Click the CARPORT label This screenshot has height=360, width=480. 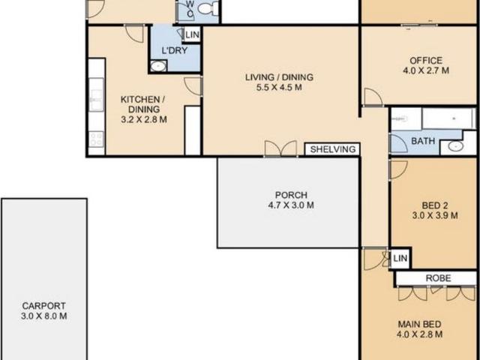[x=43, y=306]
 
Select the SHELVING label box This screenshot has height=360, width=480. [x=333, y=149]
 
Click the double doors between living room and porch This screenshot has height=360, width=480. [x=274, y=148]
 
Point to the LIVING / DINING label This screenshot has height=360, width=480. [x=278, y=76]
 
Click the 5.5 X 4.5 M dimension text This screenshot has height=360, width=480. [x=278, y=87]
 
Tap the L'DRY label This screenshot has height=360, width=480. [x=174, y=51]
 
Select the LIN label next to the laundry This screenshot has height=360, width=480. [x=193, y=34]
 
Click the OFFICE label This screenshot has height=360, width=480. [x=425, y=61]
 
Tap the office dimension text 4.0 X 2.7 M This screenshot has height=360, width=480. [x=425, y=72]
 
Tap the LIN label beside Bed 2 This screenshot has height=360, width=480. [x=400, y=259]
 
